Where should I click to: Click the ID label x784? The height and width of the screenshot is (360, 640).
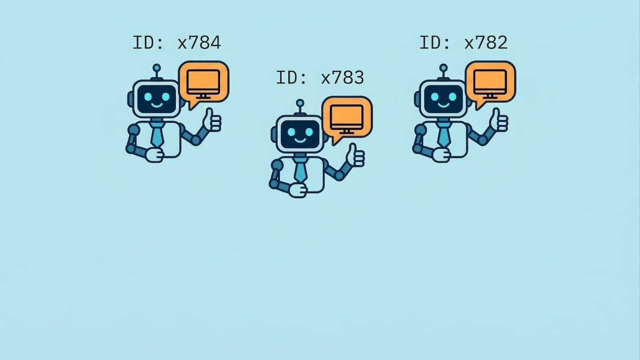pyautogui.click(x=177, y=43)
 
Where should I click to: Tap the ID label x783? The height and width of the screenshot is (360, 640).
pyautogui.click(x=320, y=77)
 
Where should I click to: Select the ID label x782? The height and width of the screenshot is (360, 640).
pyautogui.click(x=463, y=43)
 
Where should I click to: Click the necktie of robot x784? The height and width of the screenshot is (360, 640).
pyautogui.click(x=157, y=134)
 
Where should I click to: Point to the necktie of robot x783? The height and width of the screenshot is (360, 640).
pyautogui.click(x=300, y=169)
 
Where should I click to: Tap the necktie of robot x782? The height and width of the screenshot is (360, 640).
pyautogui.click(x=444, y=134)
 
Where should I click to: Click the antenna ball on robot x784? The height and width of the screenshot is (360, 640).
pyautogui.click(x=157, y=68)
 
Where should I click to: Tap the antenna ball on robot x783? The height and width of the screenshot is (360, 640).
pyautogui.click(x=300, y=103)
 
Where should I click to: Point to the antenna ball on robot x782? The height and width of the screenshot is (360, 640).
pyautogui.click(x=444, y=68)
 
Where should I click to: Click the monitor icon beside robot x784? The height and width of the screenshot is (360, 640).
pyautogui.click(x=203, y=84)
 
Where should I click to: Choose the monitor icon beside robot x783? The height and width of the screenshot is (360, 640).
pyautogui.click(x=347, y=119)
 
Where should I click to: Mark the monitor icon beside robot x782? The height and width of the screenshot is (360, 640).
pyautogui.click(x=490, y=84)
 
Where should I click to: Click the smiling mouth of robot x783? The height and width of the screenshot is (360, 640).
pyautogui.click(x=300, y=140)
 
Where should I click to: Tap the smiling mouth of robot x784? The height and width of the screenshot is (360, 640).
pyautogui.click(x=157, y=105)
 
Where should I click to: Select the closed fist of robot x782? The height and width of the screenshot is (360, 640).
pyautogui.click(x=441, y=155)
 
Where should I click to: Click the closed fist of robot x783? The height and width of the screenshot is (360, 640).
pyautogui.click(x=298, y=190)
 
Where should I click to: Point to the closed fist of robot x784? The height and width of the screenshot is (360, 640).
pyautogui.click(x=155, y=155)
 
